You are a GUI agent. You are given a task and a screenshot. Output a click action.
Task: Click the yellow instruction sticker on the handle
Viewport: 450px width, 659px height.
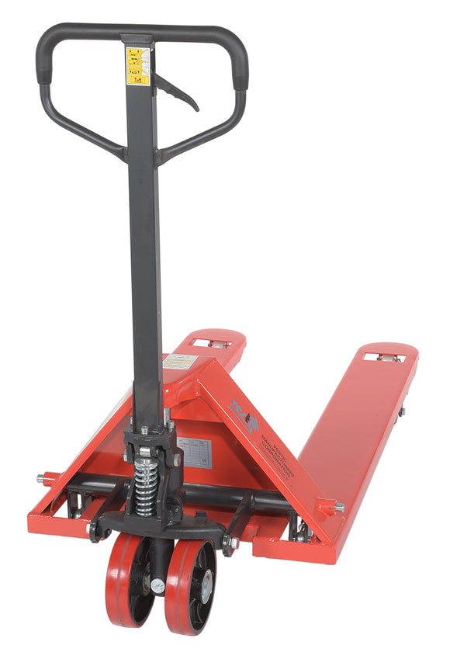138,66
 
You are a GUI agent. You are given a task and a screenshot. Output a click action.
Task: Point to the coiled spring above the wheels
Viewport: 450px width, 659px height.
144,486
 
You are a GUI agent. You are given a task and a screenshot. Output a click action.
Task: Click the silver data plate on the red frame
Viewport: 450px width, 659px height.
193,452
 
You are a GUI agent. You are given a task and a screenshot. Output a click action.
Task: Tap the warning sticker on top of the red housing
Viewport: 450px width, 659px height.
179,362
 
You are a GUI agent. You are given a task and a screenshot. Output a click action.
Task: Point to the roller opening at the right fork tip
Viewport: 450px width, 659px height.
386,357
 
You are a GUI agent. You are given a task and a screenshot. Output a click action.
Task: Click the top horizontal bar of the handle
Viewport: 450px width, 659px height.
140,33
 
